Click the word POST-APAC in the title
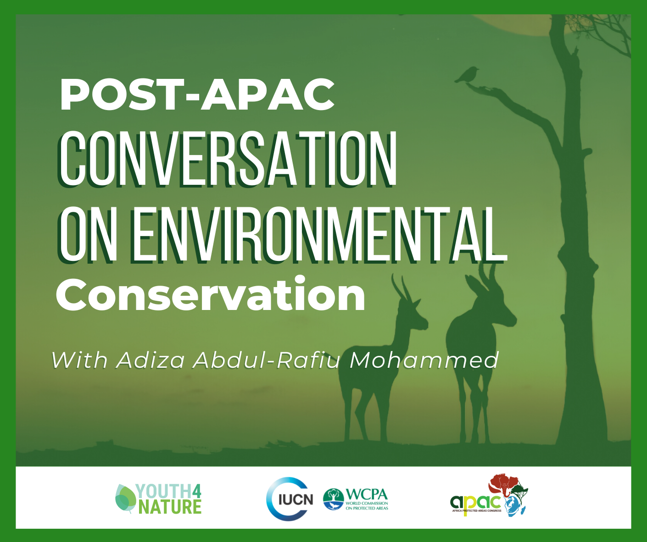[x=197, y=94]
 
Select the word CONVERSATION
[x=228, y=159]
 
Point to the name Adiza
[x=151, y=360]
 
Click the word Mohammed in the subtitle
[x=424, y=360]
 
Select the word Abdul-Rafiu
[x=268, y=360]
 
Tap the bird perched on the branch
[x=468, y=74]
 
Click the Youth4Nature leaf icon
[x=125, y=498]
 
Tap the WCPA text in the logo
[x=367, y=494]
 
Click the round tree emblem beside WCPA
[x=334, y=499]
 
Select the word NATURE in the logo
[x=170, y=507]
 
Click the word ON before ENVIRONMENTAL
[x=87, y=234]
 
